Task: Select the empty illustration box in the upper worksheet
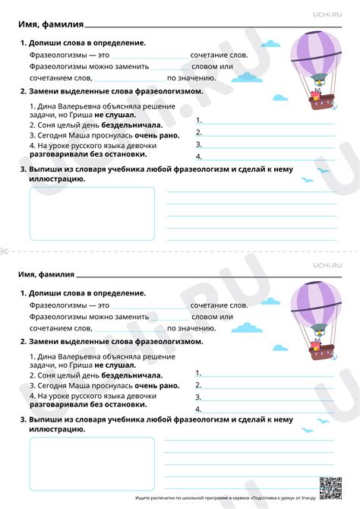tap(91, 213)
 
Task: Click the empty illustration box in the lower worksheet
tap(91, 463)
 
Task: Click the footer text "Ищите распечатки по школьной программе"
tap(175, 498)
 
